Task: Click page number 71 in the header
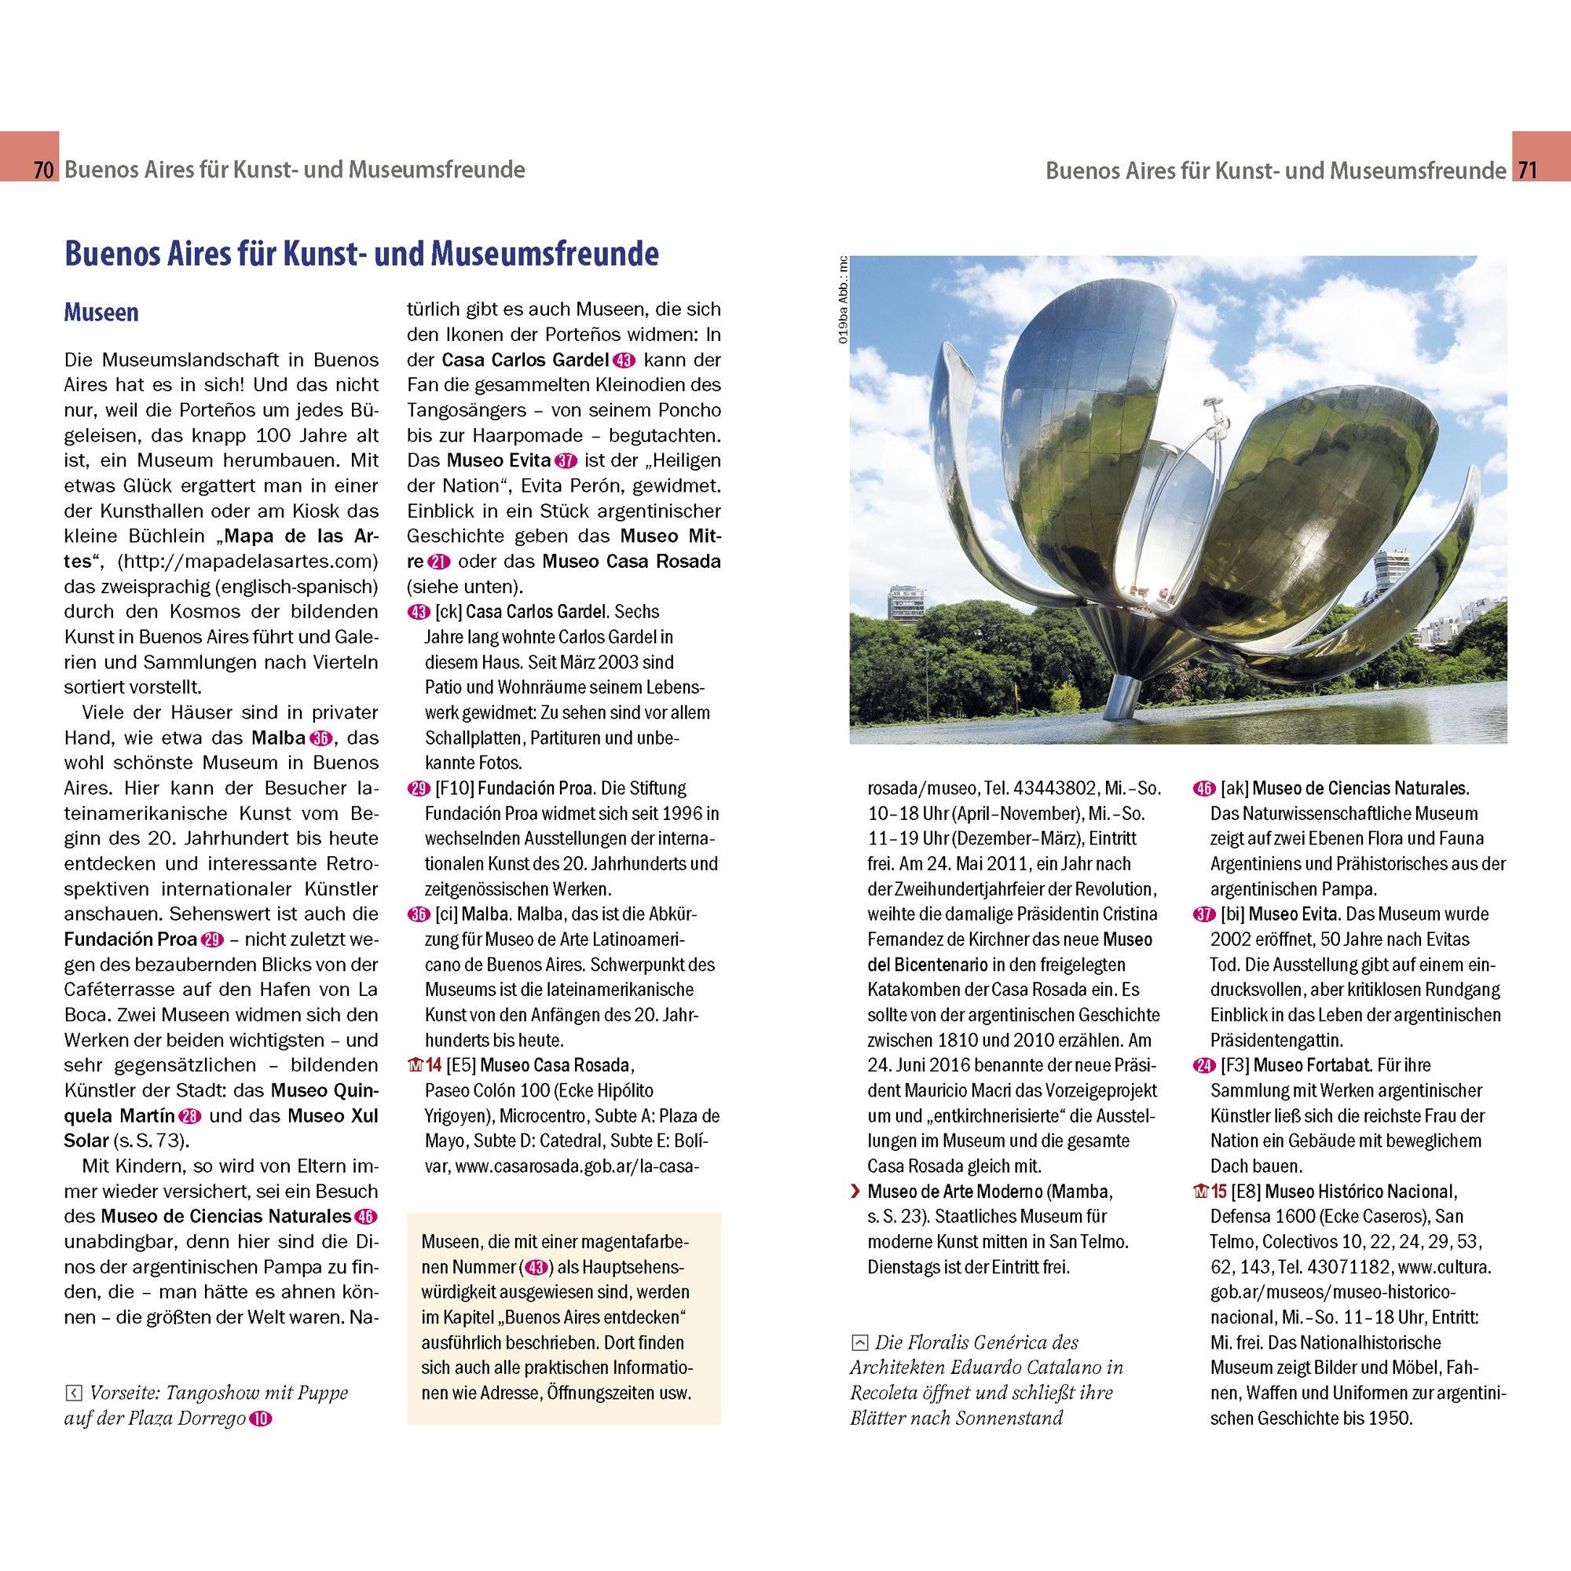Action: tap(1526, 170)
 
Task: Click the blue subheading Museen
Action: tap(101, 313)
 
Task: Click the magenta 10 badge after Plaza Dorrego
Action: tap(260, 1419)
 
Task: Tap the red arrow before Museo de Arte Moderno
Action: tap(855, 1192)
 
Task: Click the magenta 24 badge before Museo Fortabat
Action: tap(1203, 1065)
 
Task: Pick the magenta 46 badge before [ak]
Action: tap(1203, 788)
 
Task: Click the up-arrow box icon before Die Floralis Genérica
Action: tap(859, 1343)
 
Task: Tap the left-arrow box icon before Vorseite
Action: tap(73, 1393)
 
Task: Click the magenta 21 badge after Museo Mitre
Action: tap(440, 562)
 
